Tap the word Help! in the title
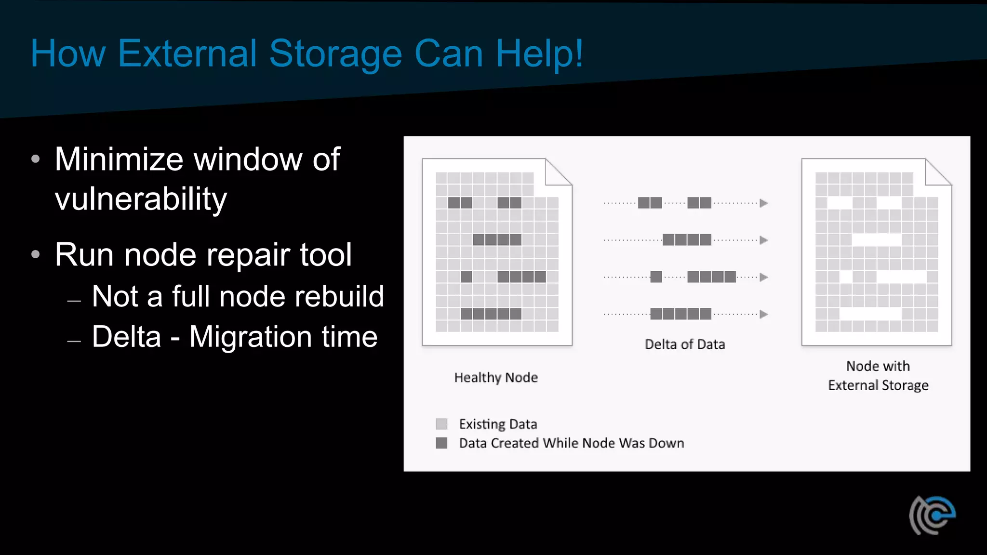pos(540,53)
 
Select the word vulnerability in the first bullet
pos(141,198)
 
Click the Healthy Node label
pos(496,378)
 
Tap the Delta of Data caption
pos(685,344)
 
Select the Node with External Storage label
pos(878,376)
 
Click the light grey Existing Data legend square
pos(441,424)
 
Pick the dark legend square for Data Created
pos(441,443)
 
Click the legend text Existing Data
pos(498,424)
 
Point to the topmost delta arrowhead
pos(763,203)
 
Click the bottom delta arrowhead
pos(763,315)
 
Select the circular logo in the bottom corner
pos(933,515)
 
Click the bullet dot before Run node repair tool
pos(36,254)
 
